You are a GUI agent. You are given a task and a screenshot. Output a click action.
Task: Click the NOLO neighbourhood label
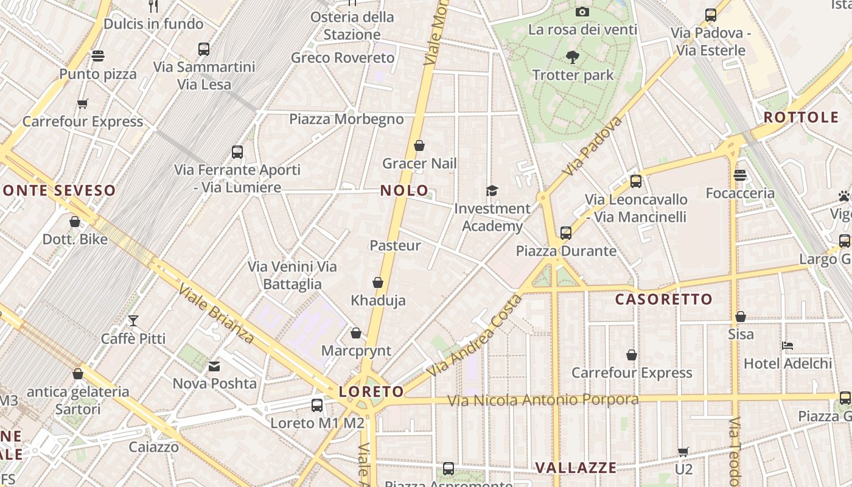404,191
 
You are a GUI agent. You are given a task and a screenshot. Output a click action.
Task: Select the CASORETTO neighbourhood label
663,299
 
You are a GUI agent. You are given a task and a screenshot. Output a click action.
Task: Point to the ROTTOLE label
801,117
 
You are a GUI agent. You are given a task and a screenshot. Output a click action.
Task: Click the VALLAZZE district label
575,468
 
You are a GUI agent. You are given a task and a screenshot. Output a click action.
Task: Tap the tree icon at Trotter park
572,58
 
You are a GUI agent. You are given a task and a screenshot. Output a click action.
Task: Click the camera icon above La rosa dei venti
582,12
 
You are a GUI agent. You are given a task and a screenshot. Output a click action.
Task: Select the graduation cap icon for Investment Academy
492,191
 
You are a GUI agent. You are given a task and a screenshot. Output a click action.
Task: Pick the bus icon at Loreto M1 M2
317,405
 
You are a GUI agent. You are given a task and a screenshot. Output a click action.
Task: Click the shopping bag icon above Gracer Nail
419,146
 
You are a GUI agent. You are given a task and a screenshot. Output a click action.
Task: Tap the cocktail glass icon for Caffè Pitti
133,321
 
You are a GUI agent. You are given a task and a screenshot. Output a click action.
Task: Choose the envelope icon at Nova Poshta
214,366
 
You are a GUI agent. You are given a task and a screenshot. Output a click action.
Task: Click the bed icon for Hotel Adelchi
787,346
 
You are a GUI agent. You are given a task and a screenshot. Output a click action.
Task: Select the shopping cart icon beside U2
683,452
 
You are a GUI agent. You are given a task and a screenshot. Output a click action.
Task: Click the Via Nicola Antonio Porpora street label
543,400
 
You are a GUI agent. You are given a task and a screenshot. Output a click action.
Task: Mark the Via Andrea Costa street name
475,336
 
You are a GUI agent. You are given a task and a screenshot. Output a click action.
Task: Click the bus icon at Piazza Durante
566,233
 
